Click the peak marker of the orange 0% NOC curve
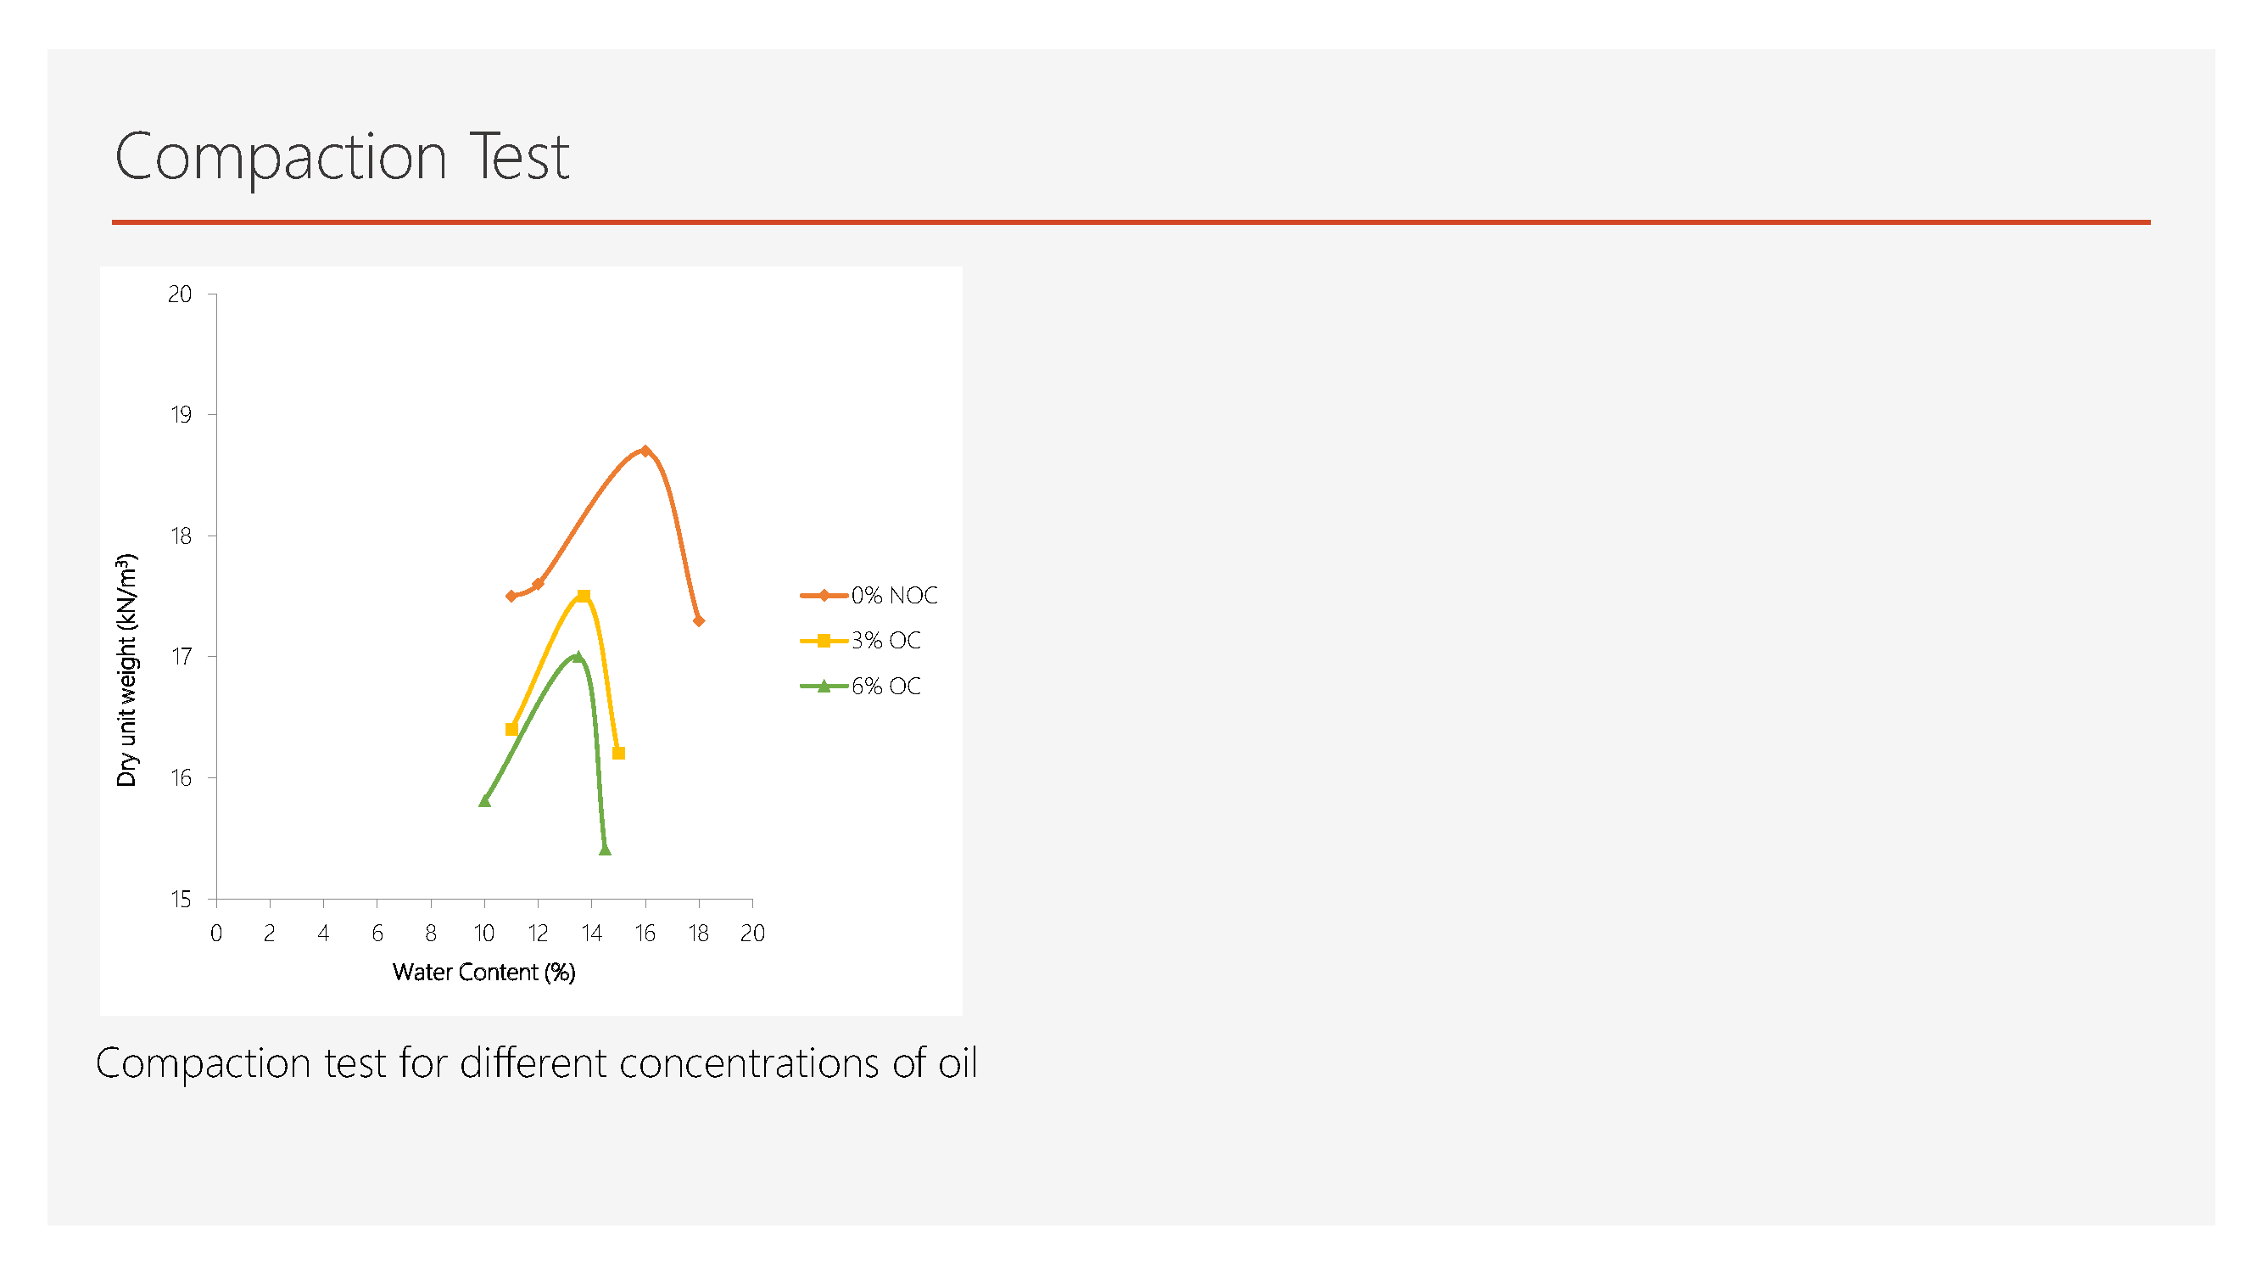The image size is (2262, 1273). [x=645, y=451]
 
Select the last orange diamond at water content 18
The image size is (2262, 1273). [x=699, y=620]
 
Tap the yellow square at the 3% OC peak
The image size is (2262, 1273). [x=583, y=596]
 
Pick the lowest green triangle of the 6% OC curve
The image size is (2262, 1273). [x=604, y=849]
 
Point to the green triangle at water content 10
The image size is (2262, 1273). [x=485, y=800]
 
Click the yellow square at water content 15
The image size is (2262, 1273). [x=618, y=753]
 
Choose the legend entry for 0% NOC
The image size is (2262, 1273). [x=868, y=595]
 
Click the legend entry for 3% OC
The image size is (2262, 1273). [x=861, y=641]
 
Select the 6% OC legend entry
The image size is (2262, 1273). [x=861, y=686]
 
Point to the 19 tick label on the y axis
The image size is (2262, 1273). [x=181, y=415]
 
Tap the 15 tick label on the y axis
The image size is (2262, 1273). [x=181, y=899]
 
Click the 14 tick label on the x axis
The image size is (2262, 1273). [x=591, y=933]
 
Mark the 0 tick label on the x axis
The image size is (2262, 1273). [x=216, y=933]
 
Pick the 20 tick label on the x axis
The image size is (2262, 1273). [x=752, y=933]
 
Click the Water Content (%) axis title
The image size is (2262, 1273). [x=483, y=972]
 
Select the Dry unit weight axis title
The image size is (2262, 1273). [x=127, y=670]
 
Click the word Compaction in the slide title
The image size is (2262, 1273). [x=281, y=157]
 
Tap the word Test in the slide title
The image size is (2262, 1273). [x=520, y=156]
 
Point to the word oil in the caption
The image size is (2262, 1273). [x=958, y=1063]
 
